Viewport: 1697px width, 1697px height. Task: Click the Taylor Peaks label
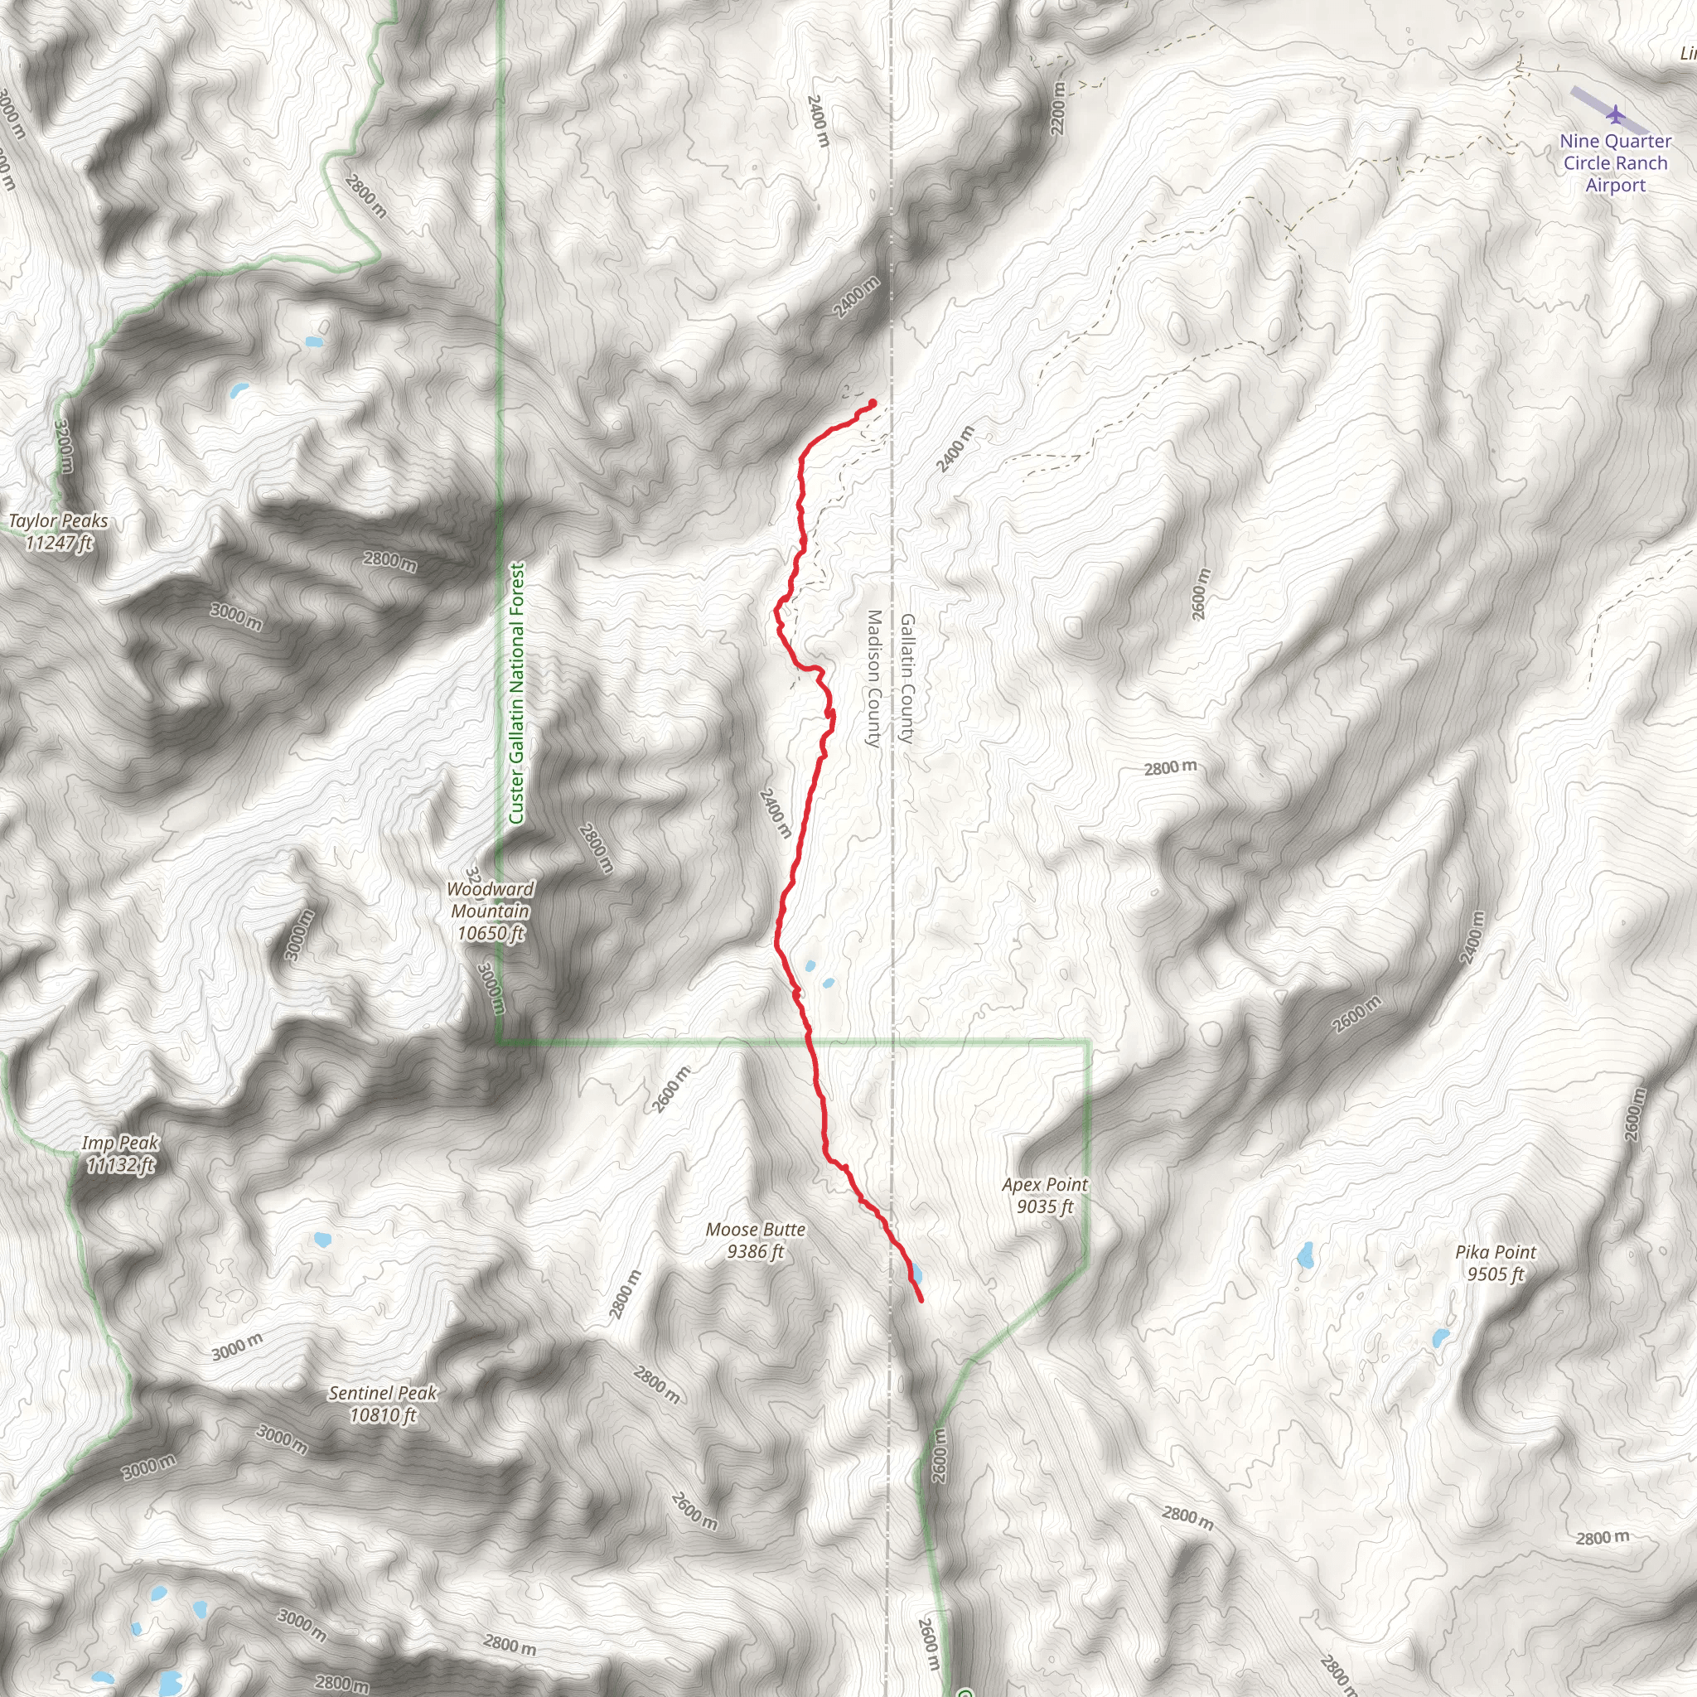pos(58,522)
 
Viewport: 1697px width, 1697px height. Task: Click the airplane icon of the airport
pos(1614,114)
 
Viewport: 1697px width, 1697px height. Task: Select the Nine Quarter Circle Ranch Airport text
pos(1615,163)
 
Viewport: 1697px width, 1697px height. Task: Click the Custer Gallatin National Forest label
pos(516,694)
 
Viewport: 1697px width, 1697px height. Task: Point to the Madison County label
pos(873,679)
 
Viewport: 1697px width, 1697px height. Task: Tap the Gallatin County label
pos(907,679)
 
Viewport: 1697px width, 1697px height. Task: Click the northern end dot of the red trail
pos(873,404)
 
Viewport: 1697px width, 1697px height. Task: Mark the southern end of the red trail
pos(921,1300)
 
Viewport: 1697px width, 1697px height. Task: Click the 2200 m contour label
pos(1057,109)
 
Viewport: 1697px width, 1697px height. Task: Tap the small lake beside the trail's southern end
pos(916,1273)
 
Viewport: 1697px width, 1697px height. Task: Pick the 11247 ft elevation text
pos(58,544)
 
